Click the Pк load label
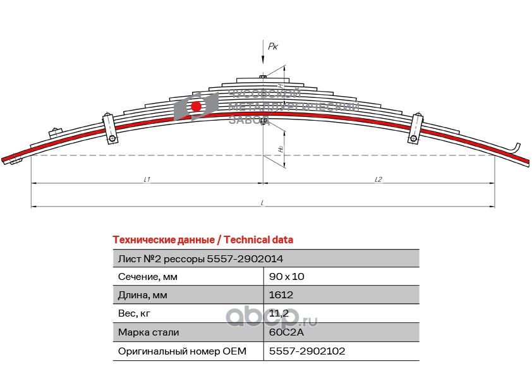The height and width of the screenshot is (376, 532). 273,46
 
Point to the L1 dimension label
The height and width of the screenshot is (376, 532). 147,179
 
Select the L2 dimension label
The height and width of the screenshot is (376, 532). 378,179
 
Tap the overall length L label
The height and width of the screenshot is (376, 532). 262,203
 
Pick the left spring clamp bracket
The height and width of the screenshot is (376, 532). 109,128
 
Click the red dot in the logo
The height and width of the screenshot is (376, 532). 196,106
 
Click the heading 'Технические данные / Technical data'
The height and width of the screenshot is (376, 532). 202,240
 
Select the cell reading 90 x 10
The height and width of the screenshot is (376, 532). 287,277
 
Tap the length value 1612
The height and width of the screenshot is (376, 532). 281,295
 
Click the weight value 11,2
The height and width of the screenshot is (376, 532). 279,313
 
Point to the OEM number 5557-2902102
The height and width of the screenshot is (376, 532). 307,351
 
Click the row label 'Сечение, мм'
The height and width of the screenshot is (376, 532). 148,277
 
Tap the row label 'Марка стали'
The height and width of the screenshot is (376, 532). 148,332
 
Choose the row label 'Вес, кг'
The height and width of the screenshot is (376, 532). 135,313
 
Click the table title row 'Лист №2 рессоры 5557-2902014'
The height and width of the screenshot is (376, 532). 200,258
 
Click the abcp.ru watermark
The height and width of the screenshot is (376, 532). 272,316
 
